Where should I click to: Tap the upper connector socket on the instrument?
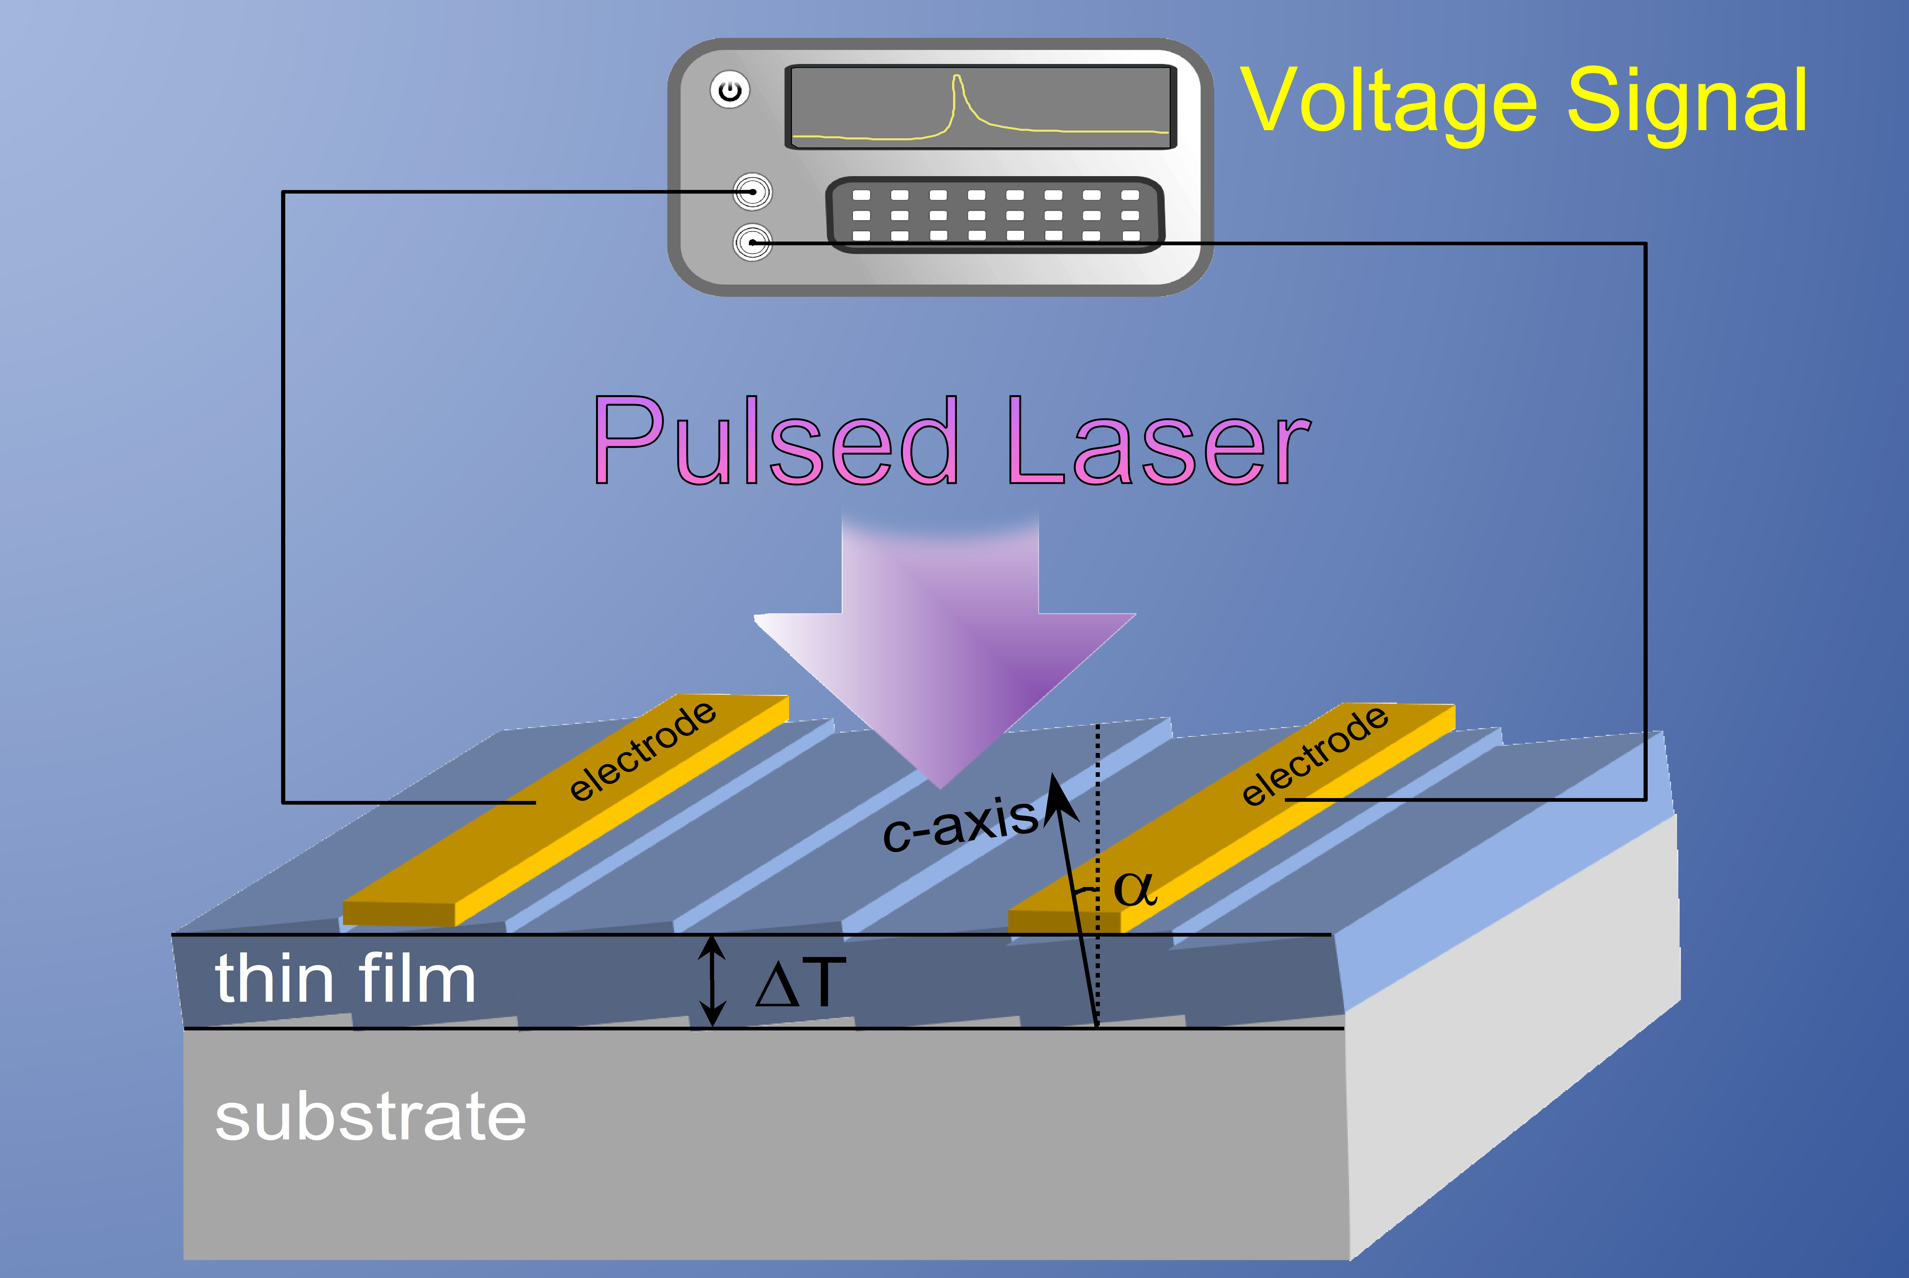[752, 192]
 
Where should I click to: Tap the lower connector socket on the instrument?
[752, 242]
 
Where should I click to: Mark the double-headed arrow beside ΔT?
[713, 980]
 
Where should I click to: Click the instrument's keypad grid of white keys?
[995, 215]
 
